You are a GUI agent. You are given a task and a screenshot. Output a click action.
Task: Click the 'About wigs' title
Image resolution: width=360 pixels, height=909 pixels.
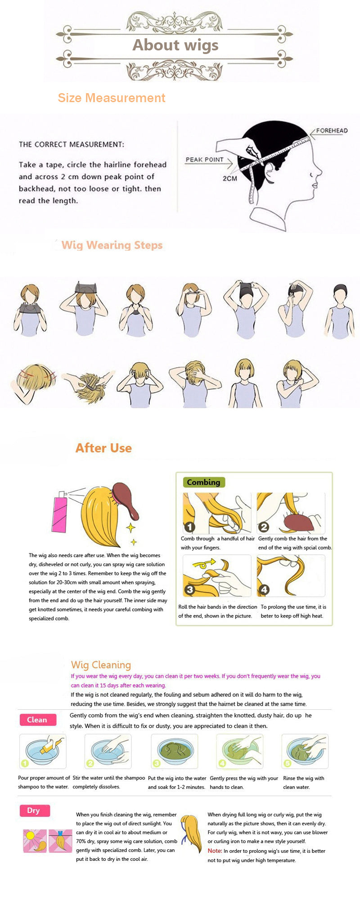click(x=175, y=45)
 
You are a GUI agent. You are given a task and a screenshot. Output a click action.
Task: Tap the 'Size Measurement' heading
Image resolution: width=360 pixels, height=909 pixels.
click(x=112, y=98)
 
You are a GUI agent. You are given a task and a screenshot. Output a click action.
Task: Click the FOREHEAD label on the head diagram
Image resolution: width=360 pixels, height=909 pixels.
click(x=332, y=130)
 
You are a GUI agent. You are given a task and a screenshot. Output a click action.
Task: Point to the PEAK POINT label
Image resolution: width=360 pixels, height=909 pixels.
click(x=204, y=159)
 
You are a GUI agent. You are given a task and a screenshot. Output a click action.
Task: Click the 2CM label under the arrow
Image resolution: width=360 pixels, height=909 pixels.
click(x=229, y=178)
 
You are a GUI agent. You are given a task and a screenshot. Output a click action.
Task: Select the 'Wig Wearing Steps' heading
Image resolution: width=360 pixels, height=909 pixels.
click(x=112, y=245)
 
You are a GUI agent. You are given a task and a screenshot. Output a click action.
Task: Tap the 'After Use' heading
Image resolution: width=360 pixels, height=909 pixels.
click(x=103, y=448)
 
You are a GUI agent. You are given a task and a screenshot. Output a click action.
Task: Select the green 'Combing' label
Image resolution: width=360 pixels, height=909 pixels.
click(x=203, y=482)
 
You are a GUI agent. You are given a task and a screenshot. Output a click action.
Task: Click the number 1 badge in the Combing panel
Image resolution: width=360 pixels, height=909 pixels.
click(x=189, y=527)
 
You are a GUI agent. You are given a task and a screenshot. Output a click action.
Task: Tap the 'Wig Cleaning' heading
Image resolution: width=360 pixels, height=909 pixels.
click(x=101, y=665)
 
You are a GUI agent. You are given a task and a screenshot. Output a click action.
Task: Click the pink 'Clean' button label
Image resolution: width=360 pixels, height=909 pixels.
click(x=37, y=720)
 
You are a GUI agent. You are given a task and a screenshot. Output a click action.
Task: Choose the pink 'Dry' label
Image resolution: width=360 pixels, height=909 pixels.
click(x=34, y=810)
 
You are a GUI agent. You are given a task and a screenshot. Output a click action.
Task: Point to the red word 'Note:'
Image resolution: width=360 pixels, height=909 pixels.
click(x=215, y=850)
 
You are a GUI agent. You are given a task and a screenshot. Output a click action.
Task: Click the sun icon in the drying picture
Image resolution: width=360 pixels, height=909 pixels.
click(x=31, y=836)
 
